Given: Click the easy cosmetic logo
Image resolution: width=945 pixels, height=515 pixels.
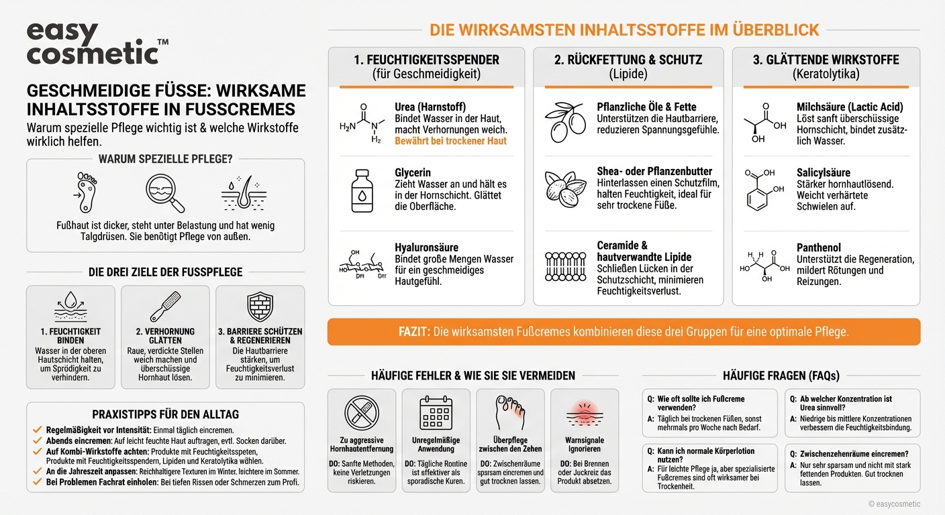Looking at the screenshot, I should pos(94,44).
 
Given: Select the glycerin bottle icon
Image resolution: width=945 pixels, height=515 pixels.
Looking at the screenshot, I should pos(362,190).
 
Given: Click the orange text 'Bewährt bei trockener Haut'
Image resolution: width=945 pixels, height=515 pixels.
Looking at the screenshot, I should pos(450,141).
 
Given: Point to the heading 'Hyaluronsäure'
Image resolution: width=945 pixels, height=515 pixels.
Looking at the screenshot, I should pos(426,247).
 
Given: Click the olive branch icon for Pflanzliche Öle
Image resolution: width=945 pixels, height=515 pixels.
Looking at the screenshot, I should pos(564,122).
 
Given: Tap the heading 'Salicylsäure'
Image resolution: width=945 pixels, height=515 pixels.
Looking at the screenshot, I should pos(823,172).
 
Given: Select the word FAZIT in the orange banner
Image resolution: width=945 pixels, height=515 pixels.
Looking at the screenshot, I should pos(413,332).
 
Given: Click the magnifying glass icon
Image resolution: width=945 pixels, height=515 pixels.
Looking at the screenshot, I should pos(164,193).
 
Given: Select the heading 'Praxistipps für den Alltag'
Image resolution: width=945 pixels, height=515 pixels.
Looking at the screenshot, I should pos(165,414).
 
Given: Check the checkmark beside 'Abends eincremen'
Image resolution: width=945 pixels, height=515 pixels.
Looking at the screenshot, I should pos(38,441).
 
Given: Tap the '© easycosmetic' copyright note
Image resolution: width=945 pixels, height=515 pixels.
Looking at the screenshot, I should pos(894,504).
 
